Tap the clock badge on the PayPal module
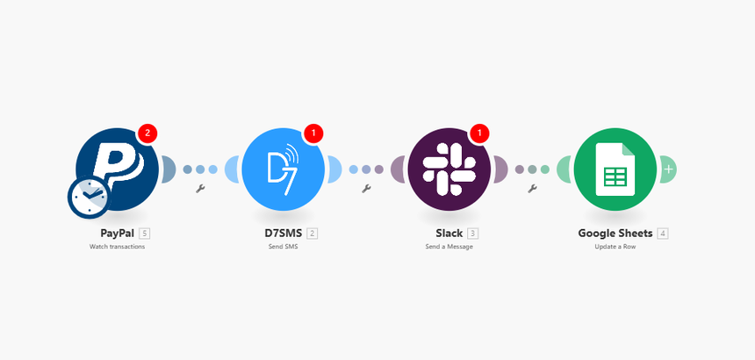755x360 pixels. (x=89, y=198)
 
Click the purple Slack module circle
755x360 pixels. (x=449, y=169)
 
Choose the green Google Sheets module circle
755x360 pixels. (x=615, y=169)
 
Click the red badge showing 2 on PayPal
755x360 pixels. (x=147, y=133)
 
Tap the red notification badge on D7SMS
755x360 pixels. (x=313, y=133)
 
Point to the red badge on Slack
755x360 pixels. (x=478, y=133)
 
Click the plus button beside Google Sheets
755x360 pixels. (x=669, y=169)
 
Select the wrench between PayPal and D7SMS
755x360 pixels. (x=200, y=188)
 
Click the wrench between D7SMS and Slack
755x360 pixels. (x=366, y=188)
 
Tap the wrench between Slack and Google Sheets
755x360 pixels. (x=531, y=188)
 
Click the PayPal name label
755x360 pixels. (x=111, y=234)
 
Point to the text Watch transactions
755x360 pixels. (x=117, y=248)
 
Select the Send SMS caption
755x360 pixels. (x=283, y=248)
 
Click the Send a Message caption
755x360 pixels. (x=449, y=248)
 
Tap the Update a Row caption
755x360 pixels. (x=615, y=248)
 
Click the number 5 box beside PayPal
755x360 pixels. (x=145, y=234)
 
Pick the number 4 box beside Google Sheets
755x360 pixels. (x=663, y=234)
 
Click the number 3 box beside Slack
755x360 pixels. (x=473, y=234)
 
